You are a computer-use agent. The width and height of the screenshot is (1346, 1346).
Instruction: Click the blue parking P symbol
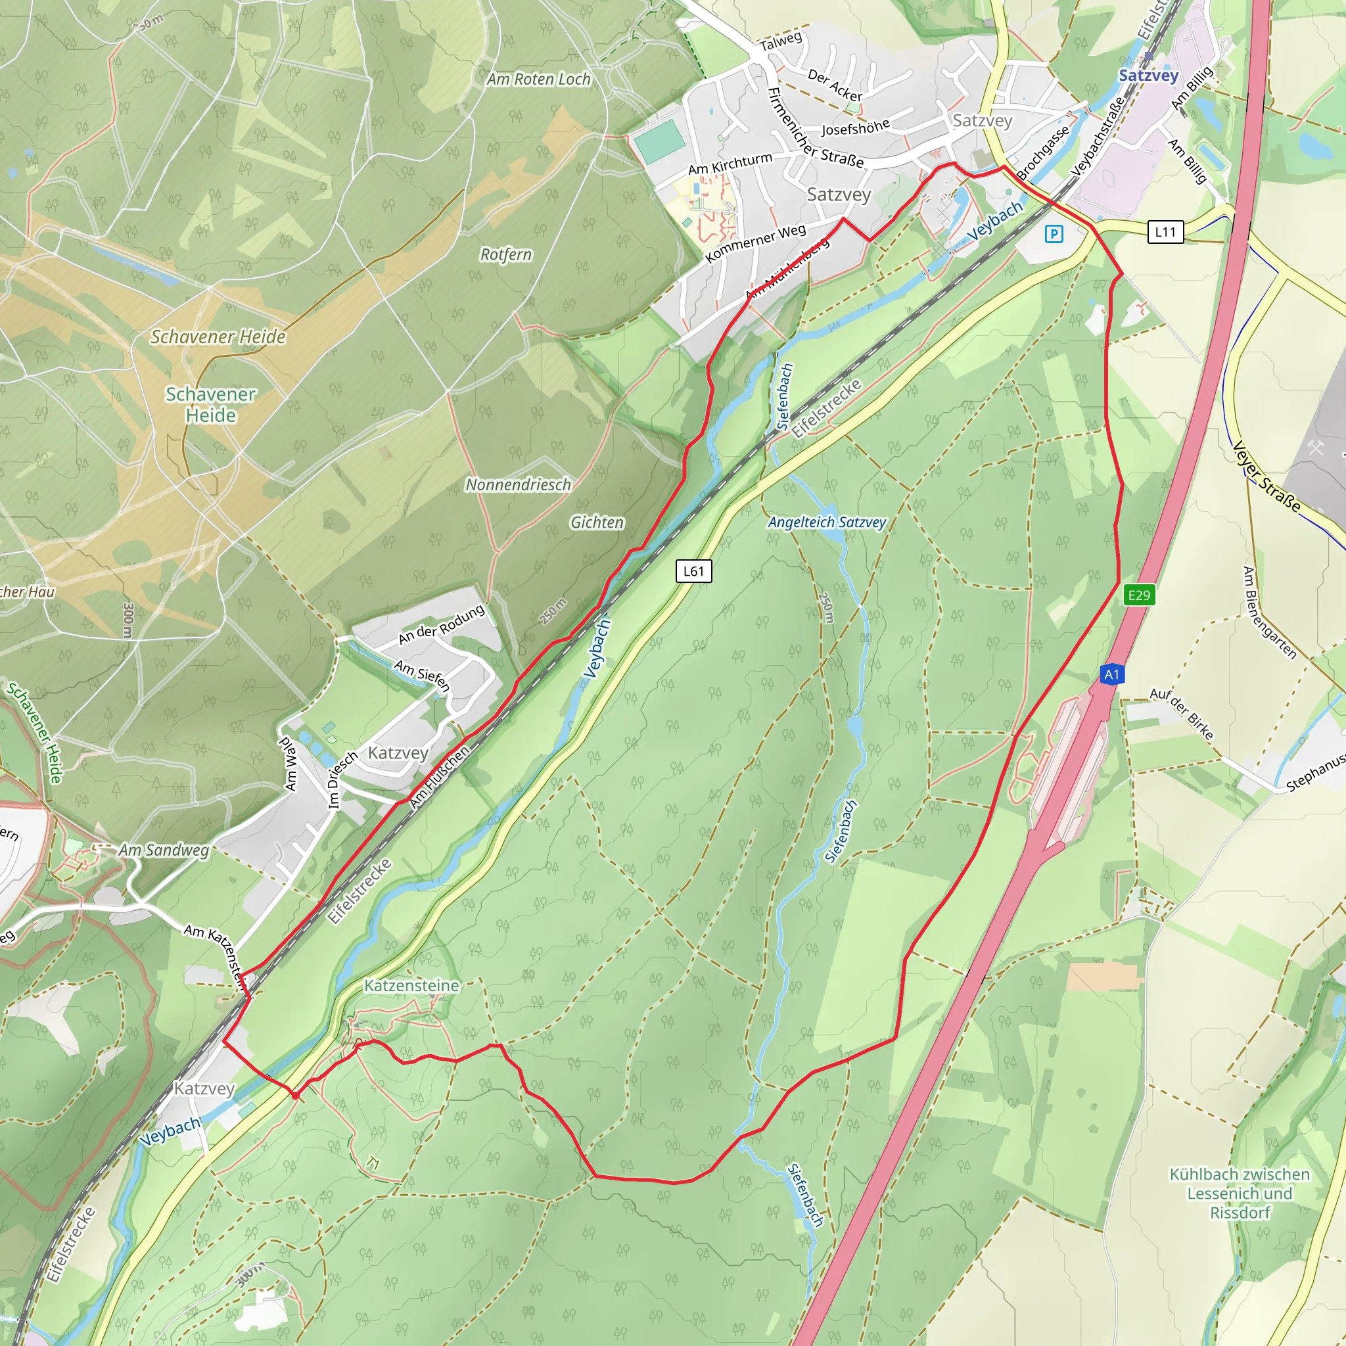coord(1054,234)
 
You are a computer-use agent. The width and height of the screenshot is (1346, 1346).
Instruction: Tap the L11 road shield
coord(1165,232)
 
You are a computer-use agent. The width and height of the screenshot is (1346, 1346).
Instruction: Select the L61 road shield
coord(693,571)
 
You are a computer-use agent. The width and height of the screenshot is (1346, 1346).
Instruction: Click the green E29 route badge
coord(1139,595)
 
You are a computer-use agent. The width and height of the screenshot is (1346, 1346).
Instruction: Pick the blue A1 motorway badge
coord(1111,674)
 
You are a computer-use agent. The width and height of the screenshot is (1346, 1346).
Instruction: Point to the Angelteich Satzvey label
coord(826,522)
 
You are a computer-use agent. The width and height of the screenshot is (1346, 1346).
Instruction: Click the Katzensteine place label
coord(411,986)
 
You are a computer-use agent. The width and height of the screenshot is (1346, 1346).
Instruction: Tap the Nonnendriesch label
coord(518,485)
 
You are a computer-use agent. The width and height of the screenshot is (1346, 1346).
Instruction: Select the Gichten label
coord(597,522)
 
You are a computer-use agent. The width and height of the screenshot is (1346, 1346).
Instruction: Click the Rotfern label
coord(506,255)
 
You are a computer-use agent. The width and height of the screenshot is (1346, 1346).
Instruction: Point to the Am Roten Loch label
coord(538,80)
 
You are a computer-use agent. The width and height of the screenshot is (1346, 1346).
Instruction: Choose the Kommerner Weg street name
coord(755,243)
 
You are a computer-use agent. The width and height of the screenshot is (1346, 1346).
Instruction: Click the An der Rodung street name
coord(441,624)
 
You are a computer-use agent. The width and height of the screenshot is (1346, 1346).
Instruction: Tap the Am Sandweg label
coord(163,850)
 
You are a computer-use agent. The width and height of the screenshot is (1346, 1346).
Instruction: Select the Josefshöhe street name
coord(855,128)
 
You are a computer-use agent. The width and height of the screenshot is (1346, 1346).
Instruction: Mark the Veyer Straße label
coord(1266,476)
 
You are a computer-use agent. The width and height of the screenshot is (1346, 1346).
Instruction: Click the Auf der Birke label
coord(1182,712)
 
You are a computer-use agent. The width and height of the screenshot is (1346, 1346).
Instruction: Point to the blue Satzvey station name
coord(1148,75)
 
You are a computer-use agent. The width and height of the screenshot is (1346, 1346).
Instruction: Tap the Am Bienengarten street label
coord(1269,613)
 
